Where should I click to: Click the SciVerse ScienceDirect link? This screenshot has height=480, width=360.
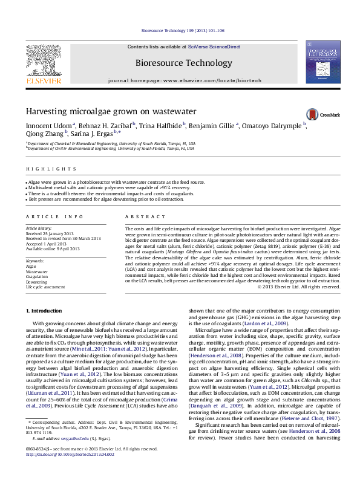[214, 47]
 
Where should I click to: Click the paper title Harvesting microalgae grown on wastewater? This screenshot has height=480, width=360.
[111, 112]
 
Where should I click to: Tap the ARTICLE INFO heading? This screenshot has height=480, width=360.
[54, 216]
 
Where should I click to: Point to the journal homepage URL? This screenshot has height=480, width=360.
[206, 80]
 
